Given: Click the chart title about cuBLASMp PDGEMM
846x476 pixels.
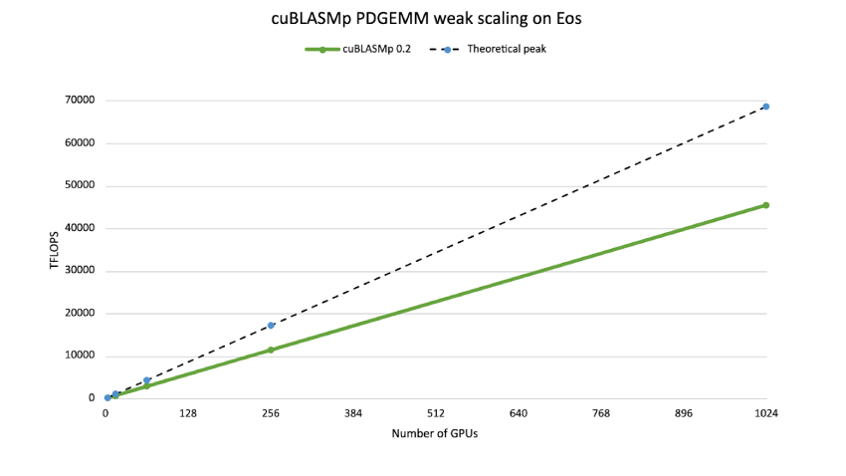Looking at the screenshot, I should click(422, 19).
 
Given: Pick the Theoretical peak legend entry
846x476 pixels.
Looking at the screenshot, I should click(496, 49).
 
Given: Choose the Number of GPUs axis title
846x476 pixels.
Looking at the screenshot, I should click(435, 433).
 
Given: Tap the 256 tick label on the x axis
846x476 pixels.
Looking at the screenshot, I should click(270, 413).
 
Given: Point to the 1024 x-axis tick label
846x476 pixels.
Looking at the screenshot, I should click(765, 413).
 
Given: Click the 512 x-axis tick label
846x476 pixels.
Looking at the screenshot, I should click(435, 413).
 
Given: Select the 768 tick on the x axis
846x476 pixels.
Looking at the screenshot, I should click(600, 413).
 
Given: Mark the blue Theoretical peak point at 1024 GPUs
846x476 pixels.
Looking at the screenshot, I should click(765, 107).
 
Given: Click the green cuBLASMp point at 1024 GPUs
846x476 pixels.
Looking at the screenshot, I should click(765, 205).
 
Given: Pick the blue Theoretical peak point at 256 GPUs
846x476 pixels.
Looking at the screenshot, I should click(270, 326).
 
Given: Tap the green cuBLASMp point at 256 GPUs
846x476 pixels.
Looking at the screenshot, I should click(270, 350).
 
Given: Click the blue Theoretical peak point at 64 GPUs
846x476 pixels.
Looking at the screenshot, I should click(146, 380).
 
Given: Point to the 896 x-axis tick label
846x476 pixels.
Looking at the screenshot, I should click(683, 413).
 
